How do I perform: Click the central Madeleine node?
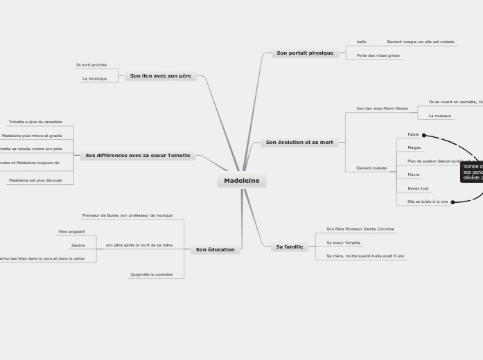[x=241, y=181]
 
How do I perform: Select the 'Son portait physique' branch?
[x=305, y=53]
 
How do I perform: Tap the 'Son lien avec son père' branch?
[x=161, y=75]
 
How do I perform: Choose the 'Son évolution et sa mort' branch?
[x=299, y=143]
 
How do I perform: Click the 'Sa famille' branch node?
[x=289, y=246]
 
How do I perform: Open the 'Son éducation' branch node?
[x=215, y=249]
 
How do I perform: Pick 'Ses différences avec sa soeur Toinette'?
[x=138, y=156]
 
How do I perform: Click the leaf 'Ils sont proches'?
[x=91, y=65]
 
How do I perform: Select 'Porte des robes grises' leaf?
[x=378, y=55]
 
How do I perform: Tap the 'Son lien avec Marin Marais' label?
[x=382, y=109]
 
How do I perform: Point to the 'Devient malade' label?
[x=371, y=168]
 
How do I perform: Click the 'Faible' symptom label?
[x=413, y=134]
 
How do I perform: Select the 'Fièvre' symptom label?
[x=414, y=174]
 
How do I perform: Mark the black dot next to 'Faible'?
[x=424, y=135]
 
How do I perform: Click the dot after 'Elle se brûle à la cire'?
[x=453, y=202]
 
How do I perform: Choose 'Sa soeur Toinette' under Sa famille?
[x=343, y=243]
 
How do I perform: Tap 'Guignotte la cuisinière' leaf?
[x=151, y=275]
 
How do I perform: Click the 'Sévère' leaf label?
[x=78, y=245]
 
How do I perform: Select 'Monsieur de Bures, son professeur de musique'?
[x=128, y=215]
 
